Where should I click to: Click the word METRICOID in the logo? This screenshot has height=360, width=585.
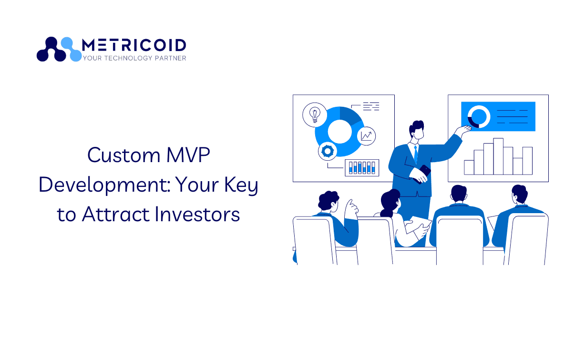click(x=134, y=45)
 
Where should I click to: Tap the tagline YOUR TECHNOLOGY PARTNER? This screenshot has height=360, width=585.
click(x=134, y=58)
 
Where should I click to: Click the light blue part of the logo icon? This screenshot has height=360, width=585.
click(x=72, y=49)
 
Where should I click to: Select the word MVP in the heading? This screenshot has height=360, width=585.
click(x=188, y=155)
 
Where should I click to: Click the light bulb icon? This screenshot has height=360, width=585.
click(x=315, y=115)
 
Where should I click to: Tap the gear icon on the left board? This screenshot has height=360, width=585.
click(x=328, y=151)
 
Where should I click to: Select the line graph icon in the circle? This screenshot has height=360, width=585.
click(x=366, y=136)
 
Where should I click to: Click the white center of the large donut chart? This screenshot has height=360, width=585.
click(x=339, y=132)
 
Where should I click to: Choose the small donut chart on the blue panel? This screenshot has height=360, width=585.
click(x=479, y=117)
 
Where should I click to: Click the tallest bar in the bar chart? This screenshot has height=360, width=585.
click(x=498, y=156)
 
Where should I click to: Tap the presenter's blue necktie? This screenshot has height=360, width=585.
click(x=416, y=154)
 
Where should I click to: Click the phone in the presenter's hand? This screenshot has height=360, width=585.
click(x=422, y=174)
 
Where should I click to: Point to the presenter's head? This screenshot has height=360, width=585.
click(x=417, y=130)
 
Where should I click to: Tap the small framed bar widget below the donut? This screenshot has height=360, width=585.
click(x=362, y=168)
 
